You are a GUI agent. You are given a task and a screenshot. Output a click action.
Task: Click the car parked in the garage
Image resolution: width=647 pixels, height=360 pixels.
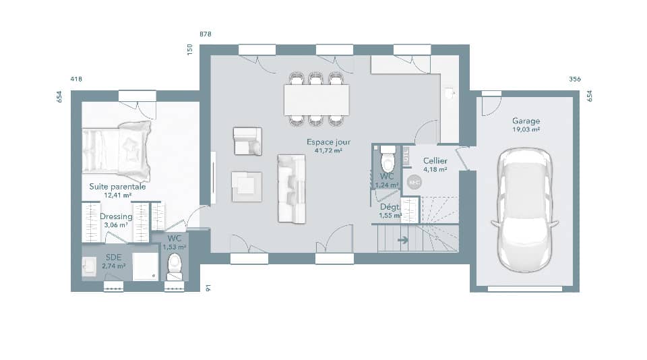525,209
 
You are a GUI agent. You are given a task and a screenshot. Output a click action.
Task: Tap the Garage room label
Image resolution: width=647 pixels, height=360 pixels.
526,121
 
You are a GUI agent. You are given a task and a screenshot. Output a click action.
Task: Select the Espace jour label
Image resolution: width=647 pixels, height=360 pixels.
328,142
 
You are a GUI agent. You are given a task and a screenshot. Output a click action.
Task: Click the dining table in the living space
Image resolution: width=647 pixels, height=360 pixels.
317,99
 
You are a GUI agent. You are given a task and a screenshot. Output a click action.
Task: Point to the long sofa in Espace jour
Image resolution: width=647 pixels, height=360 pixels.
291,189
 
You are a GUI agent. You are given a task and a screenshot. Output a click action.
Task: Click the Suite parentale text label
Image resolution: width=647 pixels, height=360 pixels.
117,187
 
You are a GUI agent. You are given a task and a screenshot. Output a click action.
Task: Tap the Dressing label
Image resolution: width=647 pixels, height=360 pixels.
116,216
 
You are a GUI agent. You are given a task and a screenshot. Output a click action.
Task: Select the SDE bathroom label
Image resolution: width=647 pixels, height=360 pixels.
113,257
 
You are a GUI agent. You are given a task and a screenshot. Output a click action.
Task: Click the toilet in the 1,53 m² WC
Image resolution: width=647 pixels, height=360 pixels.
175,266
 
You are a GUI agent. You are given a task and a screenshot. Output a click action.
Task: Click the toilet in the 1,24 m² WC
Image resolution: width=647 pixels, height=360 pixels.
388,161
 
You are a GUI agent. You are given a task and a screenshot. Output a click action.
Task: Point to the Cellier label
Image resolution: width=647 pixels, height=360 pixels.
435,161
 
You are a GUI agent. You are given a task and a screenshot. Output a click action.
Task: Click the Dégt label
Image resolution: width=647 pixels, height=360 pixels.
390,207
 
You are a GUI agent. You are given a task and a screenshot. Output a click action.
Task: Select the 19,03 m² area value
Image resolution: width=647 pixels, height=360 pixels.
526,130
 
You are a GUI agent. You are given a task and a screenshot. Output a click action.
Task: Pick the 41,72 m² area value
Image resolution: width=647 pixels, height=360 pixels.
328,150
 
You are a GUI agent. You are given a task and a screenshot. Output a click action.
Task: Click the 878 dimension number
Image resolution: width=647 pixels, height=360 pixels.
206,34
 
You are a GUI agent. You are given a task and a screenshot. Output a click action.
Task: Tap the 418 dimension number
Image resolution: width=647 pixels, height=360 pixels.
76,79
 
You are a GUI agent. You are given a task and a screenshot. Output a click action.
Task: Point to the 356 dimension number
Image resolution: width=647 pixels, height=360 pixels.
575,79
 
